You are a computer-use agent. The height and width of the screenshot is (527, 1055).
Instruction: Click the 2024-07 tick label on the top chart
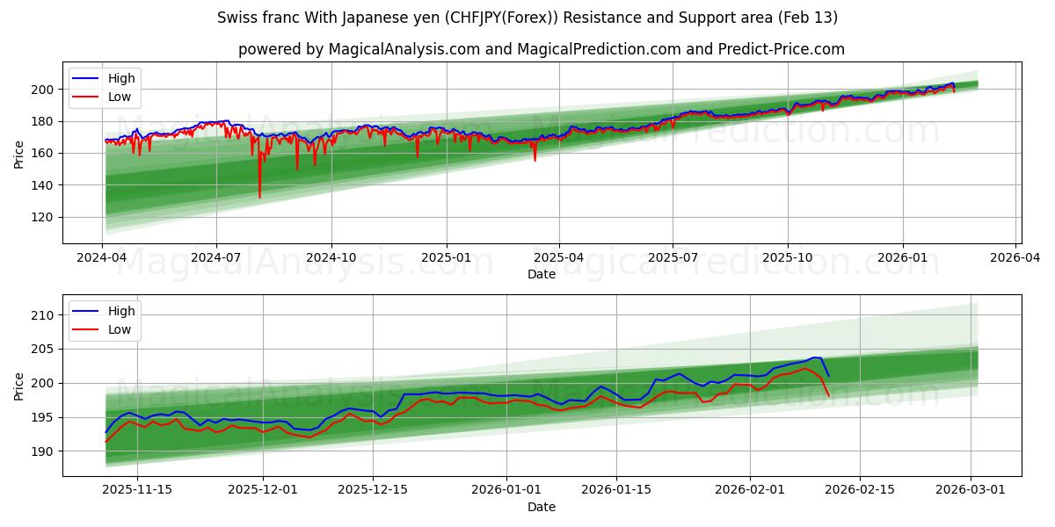point(217,258)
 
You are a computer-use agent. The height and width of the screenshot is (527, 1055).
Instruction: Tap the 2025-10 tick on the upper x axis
point(788,258)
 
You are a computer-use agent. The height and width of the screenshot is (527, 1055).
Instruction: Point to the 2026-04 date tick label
point(1016,258)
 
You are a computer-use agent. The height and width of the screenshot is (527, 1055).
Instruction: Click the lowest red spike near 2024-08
point(259,197)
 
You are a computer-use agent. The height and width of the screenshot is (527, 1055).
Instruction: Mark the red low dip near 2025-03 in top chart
point(535,160)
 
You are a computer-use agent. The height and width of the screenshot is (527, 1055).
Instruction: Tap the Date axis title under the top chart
point(541,274)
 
